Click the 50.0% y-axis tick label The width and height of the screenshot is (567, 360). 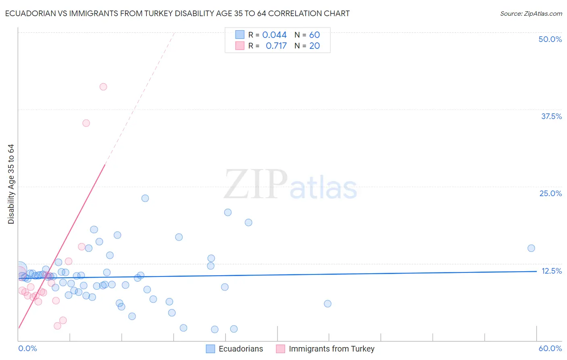click(x=550, y=39)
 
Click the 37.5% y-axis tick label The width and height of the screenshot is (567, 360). click(x=551, y=116)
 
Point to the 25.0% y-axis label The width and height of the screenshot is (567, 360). click(x=550, y=193)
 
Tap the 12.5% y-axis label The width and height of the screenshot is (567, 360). click(x=551, y=271)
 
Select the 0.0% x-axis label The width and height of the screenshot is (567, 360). click(x=27, y=348)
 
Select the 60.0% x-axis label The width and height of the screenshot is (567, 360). click(x=550, y=348)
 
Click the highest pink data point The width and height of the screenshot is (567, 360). click(x=103, y=87)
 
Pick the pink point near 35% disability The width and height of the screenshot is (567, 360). click(x=86, y=123)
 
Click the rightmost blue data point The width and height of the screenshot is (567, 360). click(x=531, y=248)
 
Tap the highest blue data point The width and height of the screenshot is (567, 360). click(x=145, y=198)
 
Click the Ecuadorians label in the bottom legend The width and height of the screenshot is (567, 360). click(x=241, y=349)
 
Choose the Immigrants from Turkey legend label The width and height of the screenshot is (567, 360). click(x=331, y=349)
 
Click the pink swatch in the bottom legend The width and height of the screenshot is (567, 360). click(x=280, y=349)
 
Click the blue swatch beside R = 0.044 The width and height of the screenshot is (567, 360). click(x=240, y=35)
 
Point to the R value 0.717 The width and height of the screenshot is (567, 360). click(x=276, y=46)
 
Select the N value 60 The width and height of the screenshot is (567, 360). click(x=315, y=35)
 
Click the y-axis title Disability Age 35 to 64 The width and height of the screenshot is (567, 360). click(x=11, y=184)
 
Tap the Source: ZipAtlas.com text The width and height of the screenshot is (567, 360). click(x=531, y=14)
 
